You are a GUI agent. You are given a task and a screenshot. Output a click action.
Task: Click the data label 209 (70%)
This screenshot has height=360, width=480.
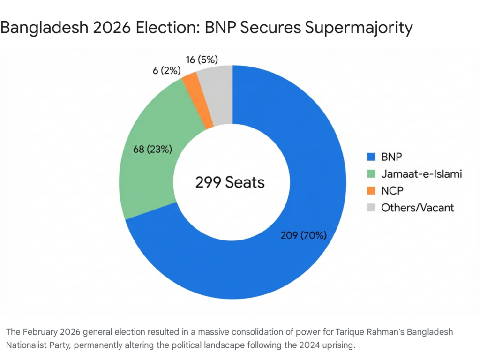click(x=303, y=235)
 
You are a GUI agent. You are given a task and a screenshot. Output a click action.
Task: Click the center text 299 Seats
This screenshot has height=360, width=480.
click(x=230, y=182)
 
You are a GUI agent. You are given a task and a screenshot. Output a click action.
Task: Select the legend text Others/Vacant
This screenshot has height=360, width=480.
click(x=418, y=207)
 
